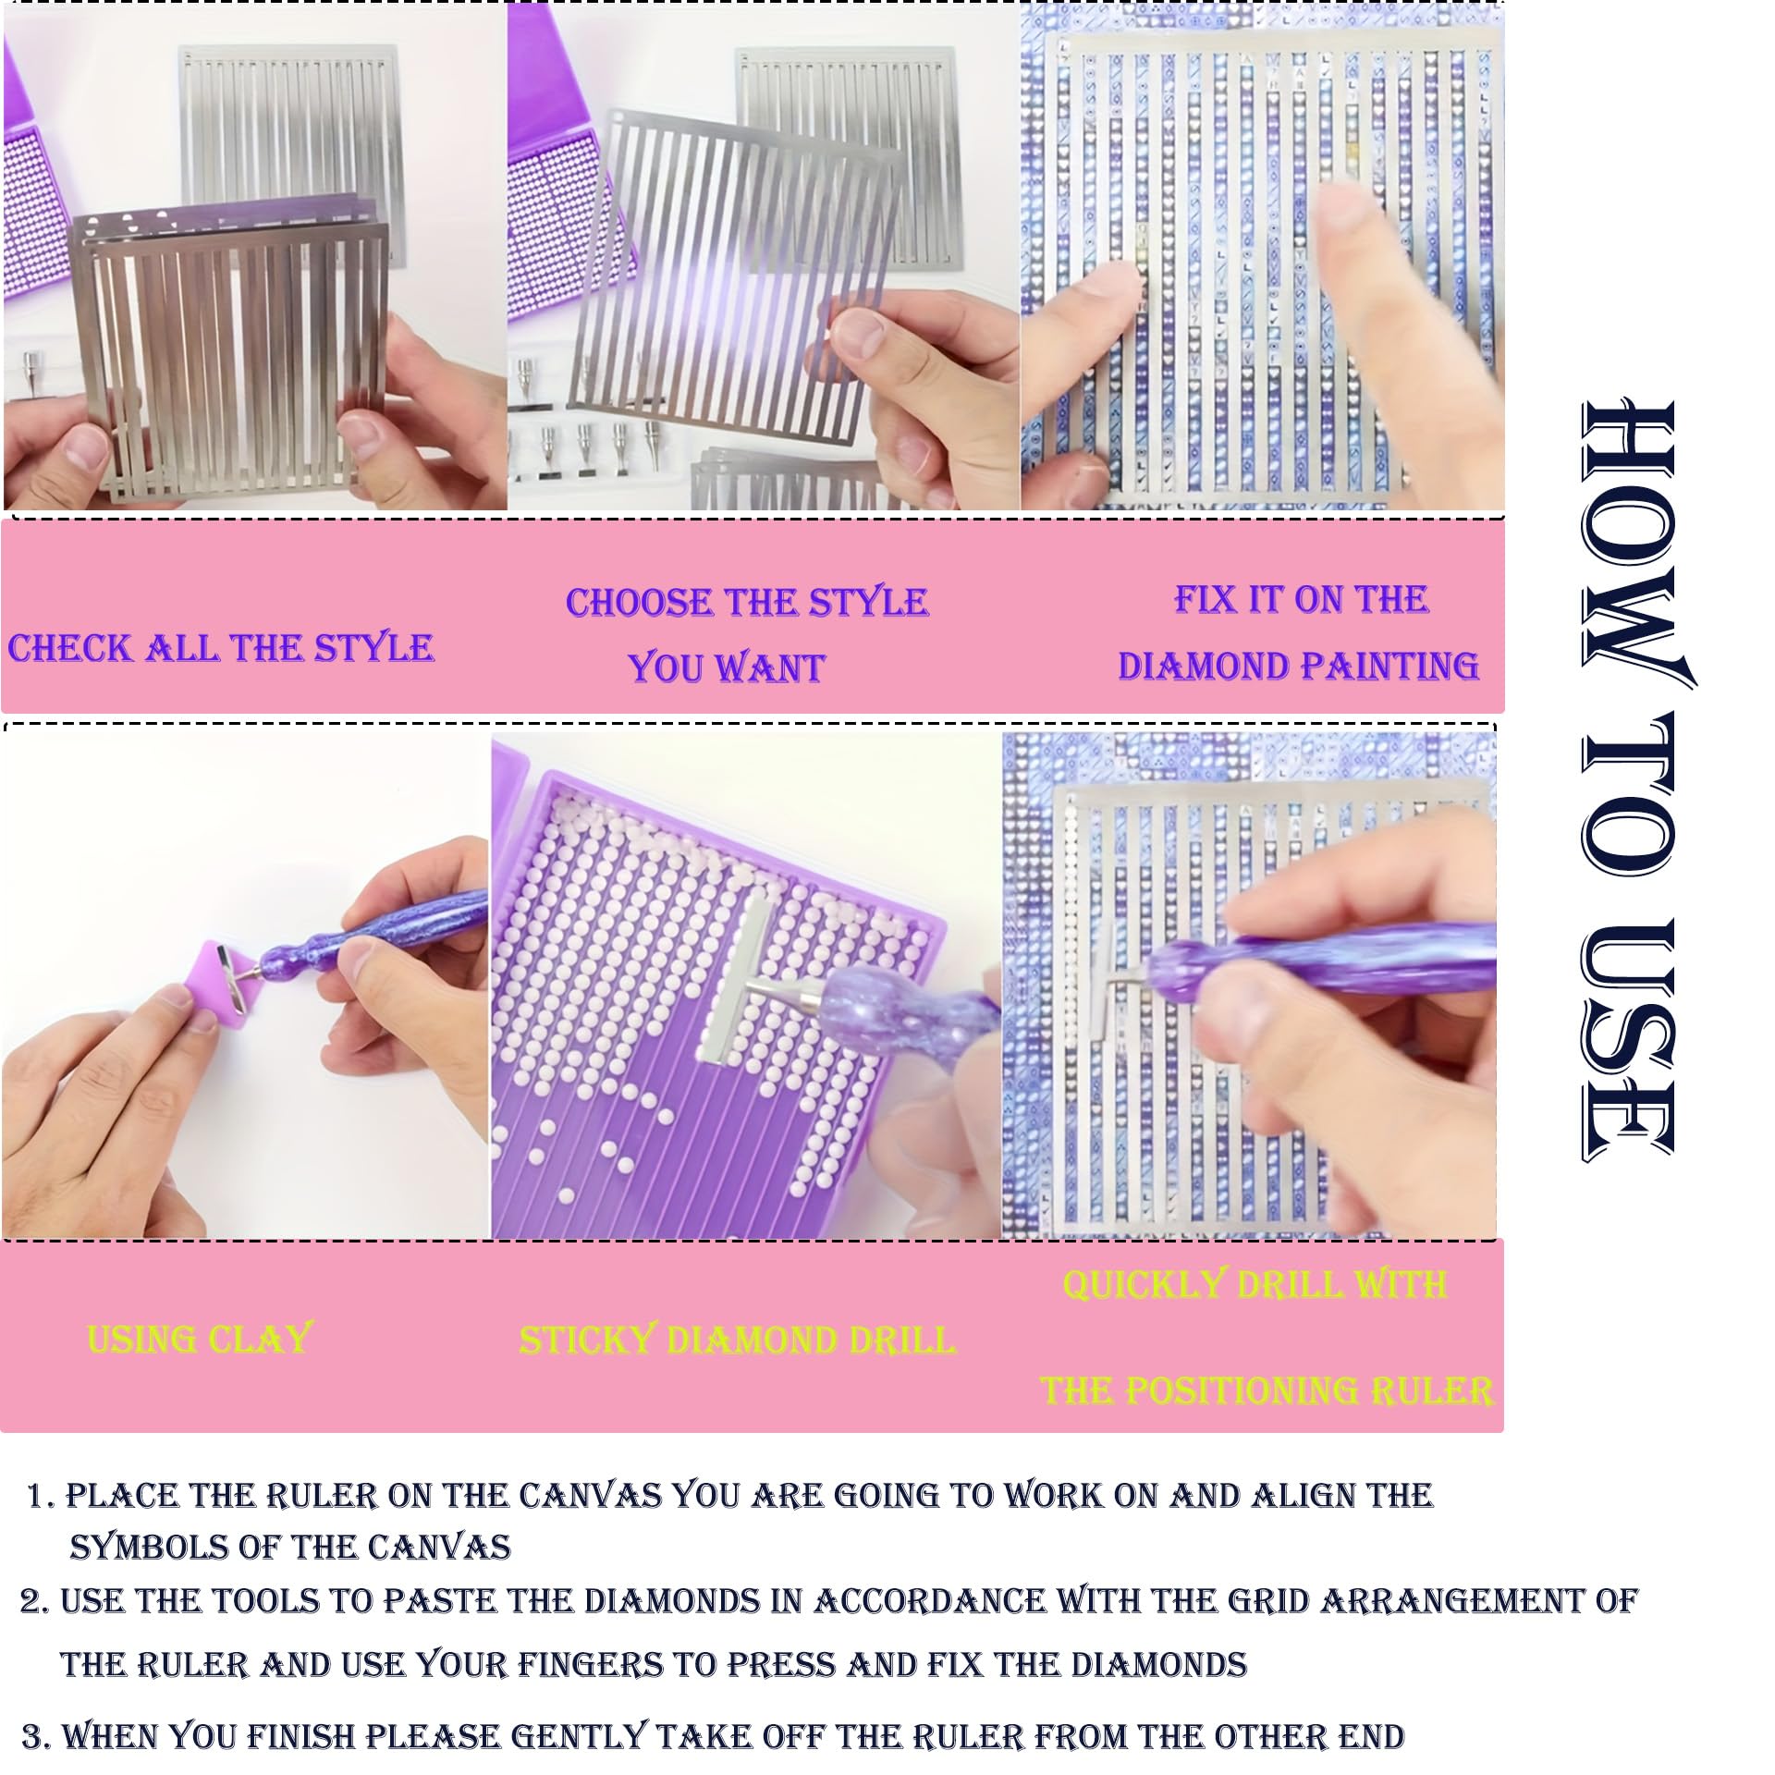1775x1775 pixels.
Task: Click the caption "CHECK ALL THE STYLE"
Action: pos(220,648)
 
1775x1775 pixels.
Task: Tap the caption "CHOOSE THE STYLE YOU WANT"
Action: pos(747,635)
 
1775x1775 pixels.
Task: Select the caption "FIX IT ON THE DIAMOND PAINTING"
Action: pos(1298,632)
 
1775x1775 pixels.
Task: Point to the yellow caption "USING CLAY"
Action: pos(200,1339)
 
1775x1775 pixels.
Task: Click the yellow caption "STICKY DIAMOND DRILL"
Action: pos(737,1340)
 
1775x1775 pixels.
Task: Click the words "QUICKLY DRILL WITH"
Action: pos(1255,1285)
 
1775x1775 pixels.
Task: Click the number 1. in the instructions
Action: pos(43,1497)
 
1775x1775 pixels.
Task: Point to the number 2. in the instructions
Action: pos(34,1601)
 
